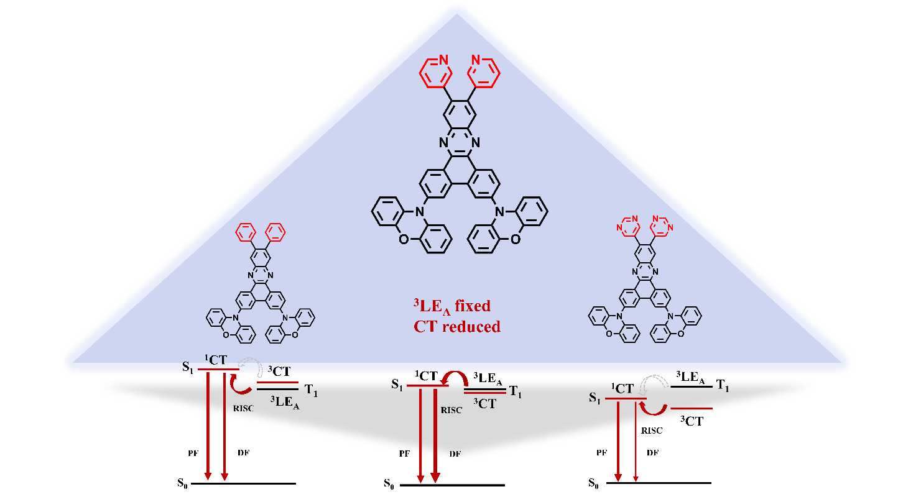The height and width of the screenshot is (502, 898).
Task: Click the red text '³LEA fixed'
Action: point(443,306)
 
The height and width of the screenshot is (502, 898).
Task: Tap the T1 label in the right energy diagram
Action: point(722,386)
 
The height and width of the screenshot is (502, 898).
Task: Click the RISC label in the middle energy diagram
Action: point(451,410)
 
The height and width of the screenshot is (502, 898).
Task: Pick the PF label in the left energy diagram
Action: point(193,452)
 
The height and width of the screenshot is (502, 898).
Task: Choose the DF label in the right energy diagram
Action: point(652,452)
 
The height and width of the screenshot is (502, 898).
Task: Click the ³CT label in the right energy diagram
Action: point(691,421)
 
